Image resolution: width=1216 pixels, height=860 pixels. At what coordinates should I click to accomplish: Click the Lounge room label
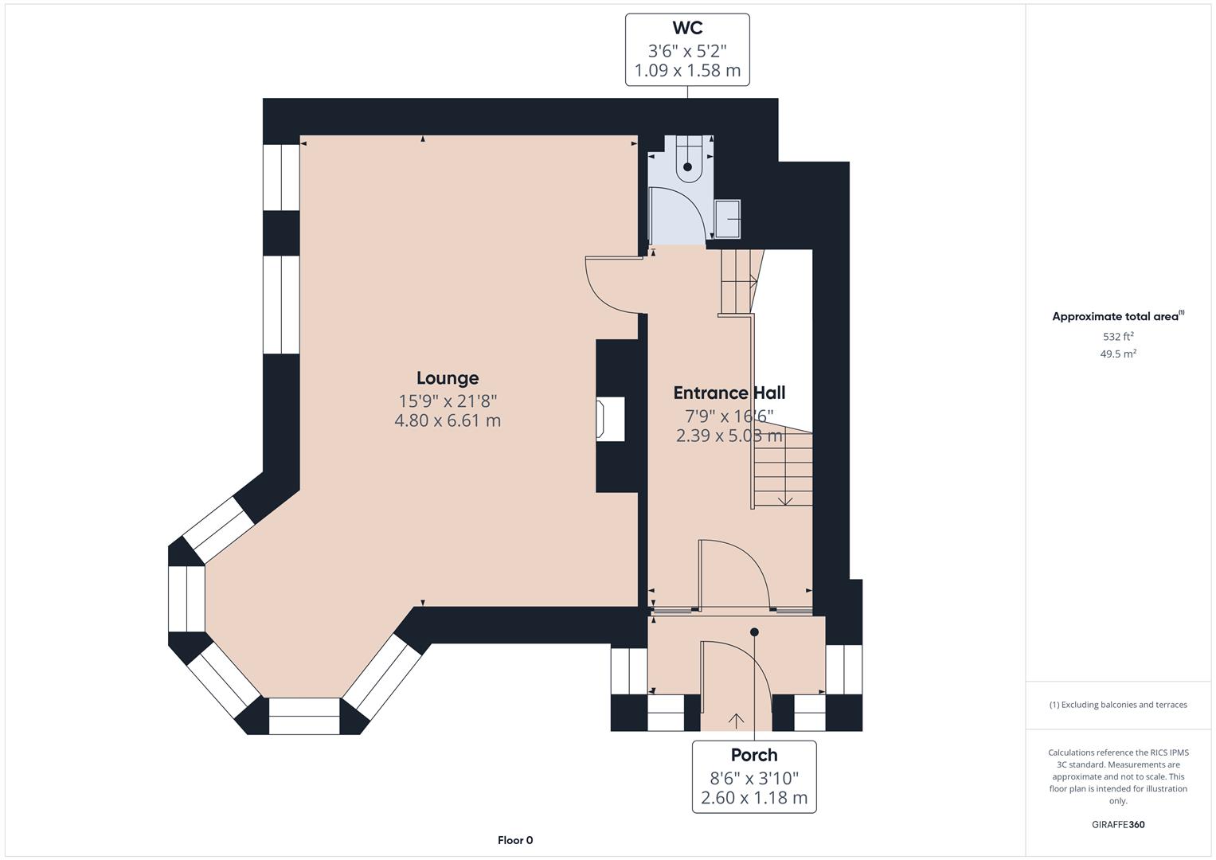(448, 378)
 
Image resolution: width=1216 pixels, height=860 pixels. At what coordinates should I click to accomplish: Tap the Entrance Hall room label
(729, 393)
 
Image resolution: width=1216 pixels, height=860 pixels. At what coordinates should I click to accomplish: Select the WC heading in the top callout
(687, 29)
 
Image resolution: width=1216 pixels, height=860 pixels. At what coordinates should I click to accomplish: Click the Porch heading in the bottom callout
(754, 755)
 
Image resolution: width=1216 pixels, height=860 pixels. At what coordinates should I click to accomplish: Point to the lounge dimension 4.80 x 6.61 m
(448, 420)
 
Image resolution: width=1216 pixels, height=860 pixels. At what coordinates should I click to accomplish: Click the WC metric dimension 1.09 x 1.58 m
(687, 71)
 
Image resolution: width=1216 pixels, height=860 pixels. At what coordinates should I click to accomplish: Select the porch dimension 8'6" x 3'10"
(754, 777)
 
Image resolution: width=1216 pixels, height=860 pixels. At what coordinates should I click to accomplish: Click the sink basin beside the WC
(727, 219)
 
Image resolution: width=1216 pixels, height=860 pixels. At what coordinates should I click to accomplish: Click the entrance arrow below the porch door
(737, 721)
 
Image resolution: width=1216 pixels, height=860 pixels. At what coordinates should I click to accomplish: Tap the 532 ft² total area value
(1118, 337)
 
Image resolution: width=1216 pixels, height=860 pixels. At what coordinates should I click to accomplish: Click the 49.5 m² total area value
(1118, 354)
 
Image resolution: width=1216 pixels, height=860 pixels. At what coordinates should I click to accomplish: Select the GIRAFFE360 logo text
(1118, 824)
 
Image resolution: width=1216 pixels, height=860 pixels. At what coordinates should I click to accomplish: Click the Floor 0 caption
(515, 840)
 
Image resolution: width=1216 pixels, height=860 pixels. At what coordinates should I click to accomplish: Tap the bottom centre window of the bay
(304, 716)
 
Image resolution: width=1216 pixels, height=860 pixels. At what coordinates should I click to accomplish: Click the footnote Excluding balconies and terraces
(1118, 705)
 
